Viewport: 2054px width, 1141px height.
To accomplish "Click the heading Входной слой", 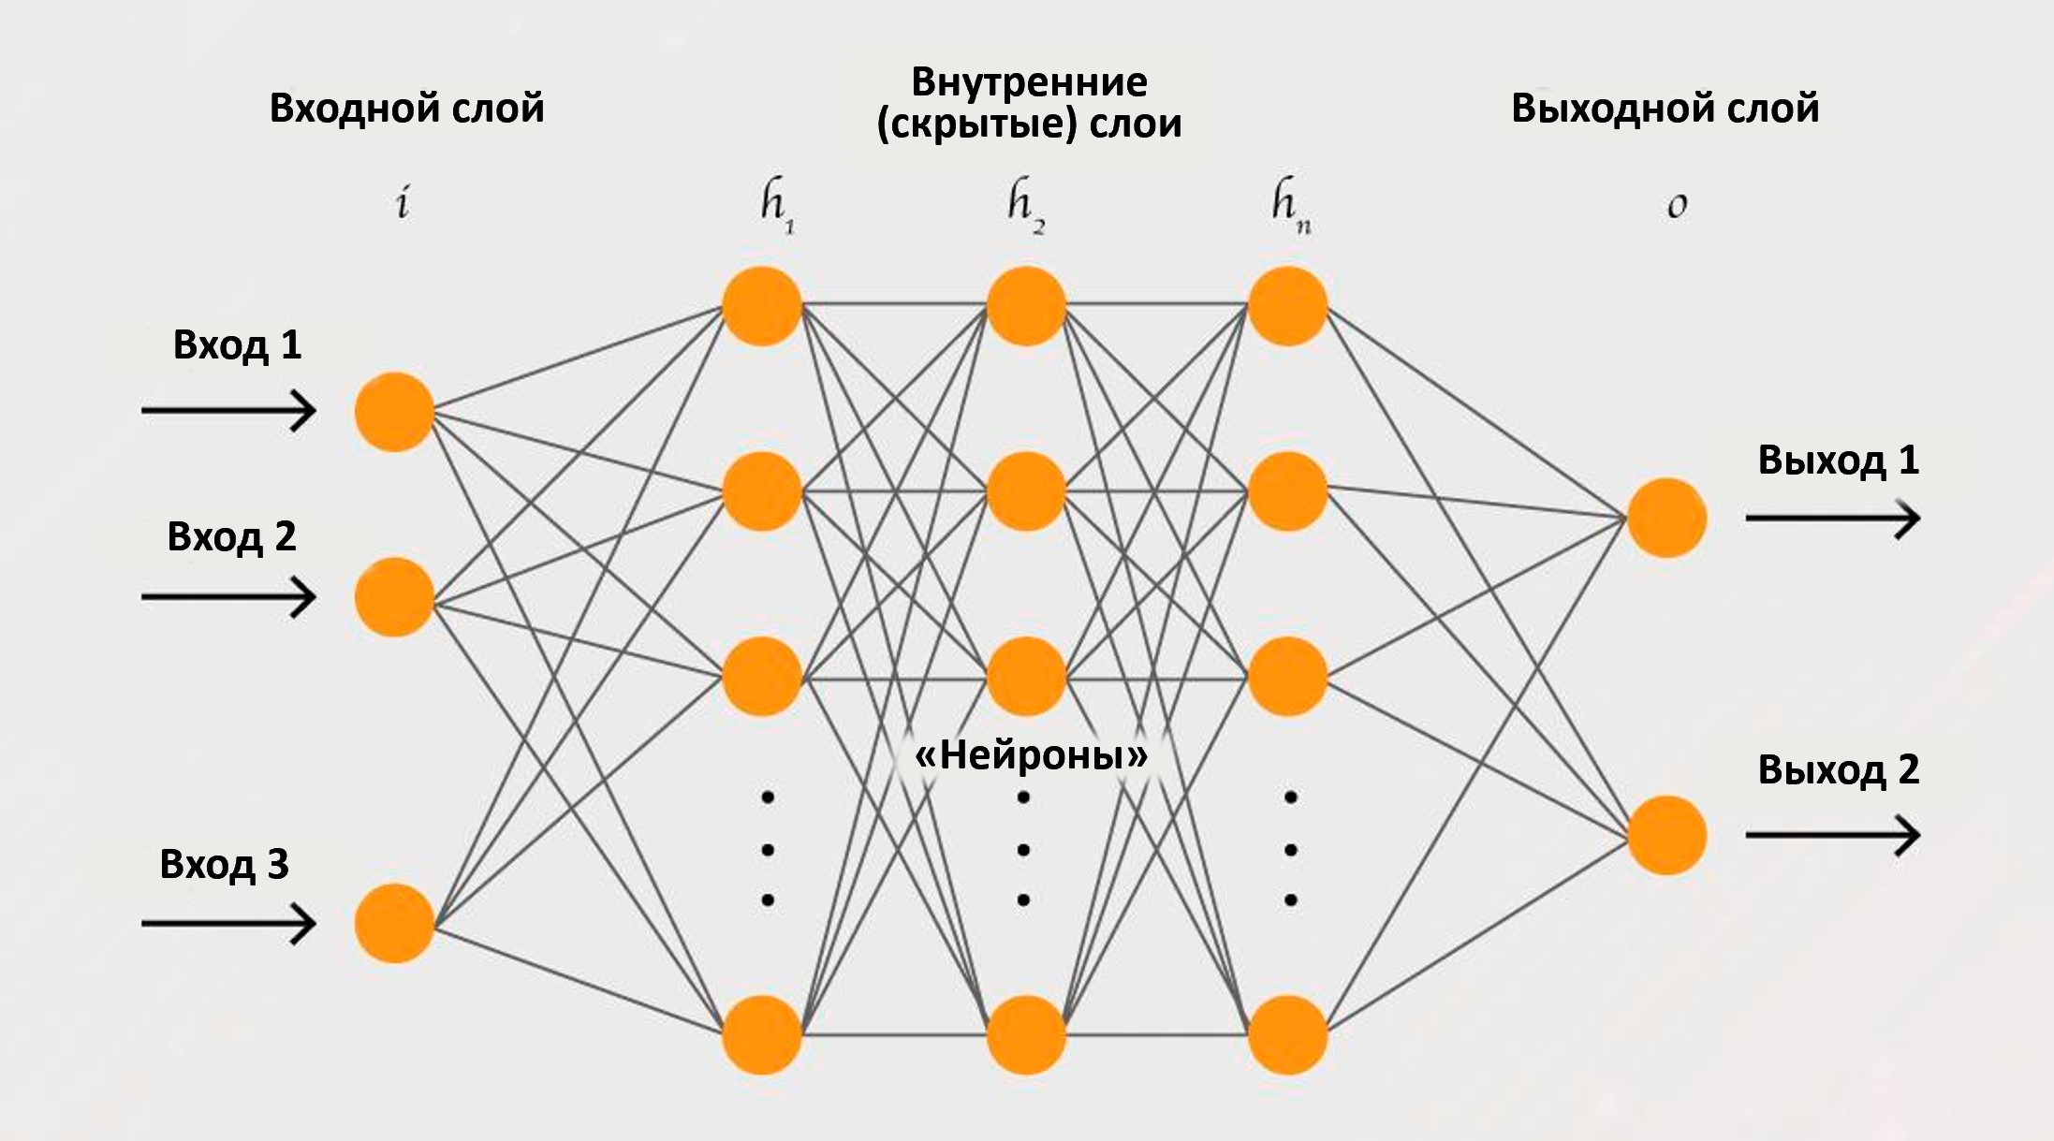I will click(406, 109).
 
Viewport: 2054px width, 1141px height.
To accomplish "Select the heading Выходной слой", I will click(1665, 109).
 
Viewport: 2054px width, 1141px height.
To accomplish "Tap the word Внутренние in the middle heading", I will click(1029, 82).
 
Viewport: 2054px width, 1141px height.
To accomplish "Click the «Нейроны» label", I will click(1030, 754).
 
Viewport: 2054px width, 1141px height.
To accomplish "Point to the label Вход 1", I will click(237, 345).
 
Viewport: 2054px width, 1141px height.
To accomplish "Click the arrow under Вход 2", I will click(228, 597).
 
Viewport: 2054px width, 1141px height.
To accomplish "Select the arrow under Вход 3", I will click(228, 924).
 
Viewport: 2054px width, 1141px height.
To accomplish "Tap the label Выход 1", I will click(1838, 461).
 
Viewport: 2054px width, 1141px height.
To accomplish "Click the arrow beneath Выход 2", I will click(1832, 834).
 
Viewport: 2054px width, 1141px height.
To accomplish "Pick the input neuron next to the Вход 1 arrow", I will click(394, 412).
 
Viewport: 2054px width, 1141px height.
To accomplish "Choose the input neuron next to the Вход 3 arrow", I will click(394, 923).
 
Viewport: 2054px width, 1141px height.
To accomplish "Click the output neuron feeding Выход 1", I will click(1666, 518).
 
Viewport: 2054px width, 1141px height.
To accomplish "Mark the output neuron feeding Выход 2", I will click(1666, 835).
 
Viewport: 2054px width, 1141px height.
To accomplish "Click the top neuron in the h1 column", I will click(762, 306).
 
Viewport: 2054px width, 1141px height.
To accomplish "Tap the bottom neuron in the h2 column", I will click(1026, 1034).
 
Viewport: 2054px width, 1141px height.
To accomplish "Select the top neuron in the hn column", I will click(1287, 306).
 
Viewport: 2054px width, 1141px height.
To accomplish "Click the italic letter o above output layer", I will click(1677, 206).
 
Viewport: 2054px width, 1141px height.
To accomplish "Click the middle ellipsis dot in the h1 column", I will click(769, 850).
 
